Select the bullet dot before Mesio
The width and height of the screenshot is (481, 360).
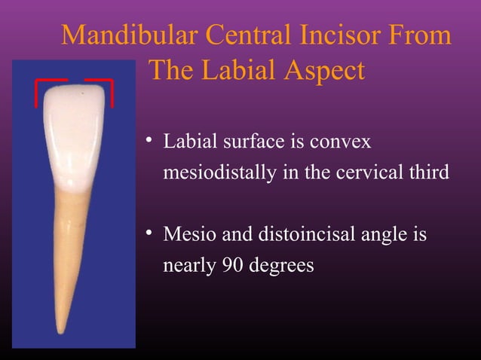(152, 234)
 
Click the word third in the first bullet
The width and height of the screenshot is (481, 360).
(430, 172)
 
